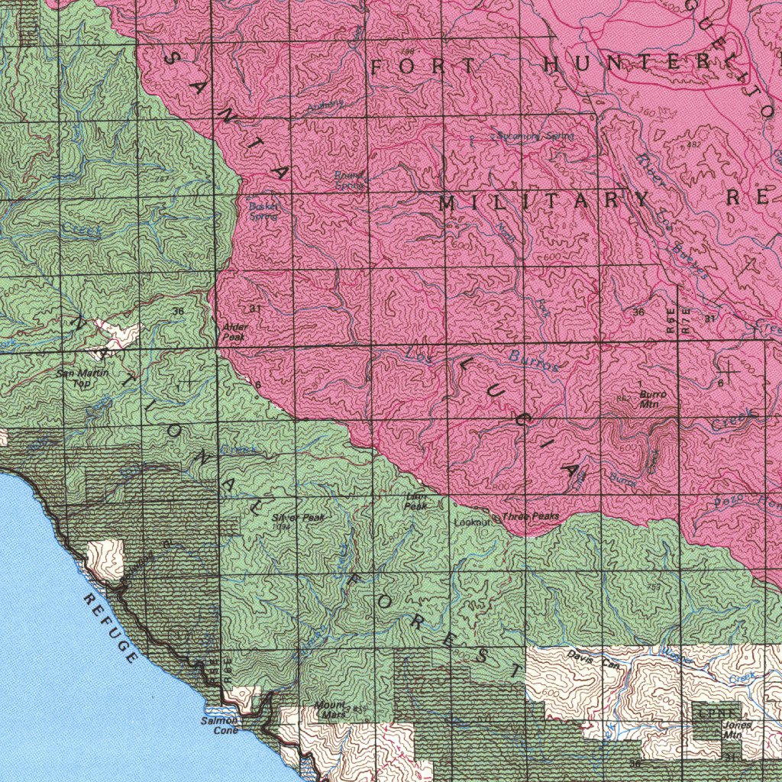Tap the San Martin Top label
pos(82,378)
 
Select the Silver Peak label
pos(298,518)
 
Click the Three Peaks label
pos(531,517)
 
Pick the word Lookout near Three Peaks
pos(471,523)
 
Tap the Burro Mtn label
pos(651,399)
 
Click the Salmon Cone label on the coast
pos(220,725)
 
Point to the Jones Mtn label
pos(733,729)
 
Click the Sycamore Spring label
pos(535,136)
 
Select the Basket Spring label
pos(263,211)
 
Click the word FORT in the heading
pos(424,66)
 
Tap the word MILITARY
pos(543,202)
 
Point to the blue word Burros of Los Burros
pos(534,360)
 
